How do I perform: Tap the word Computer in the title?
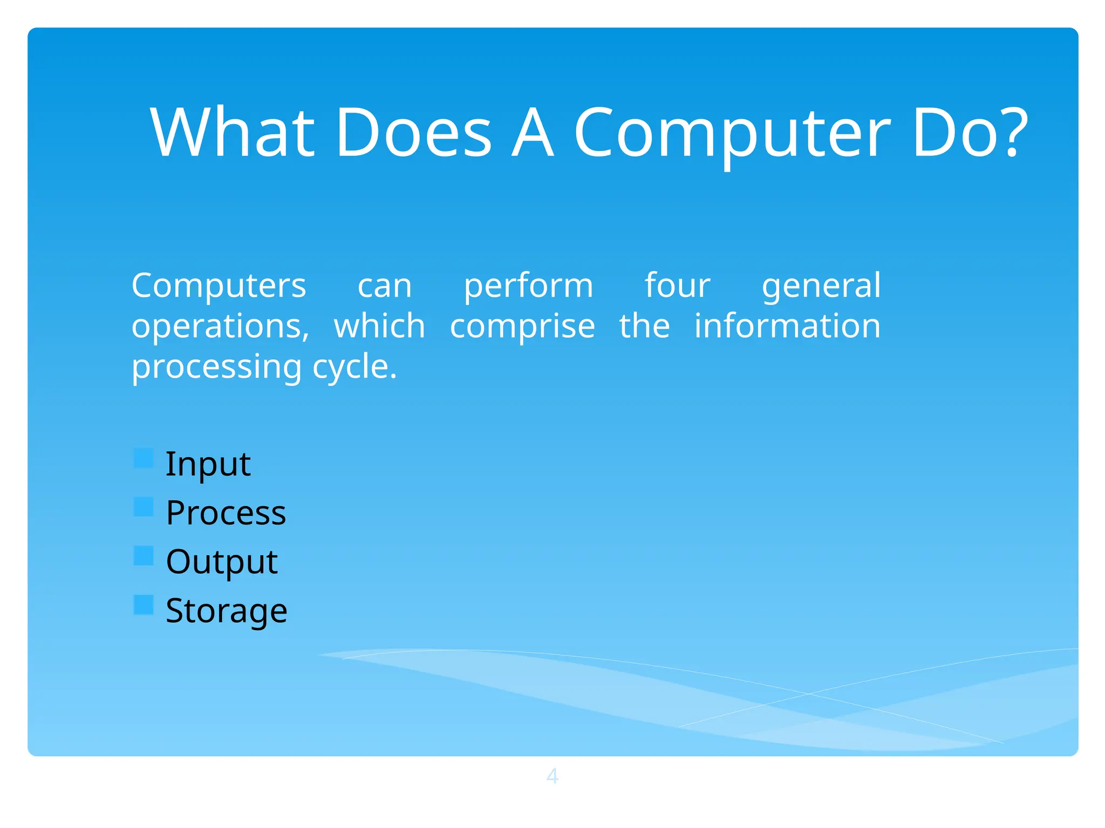pyautogui.click(x=731, y=133)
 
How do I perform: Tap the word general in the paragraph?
pyautogui.click(x=821, y=286)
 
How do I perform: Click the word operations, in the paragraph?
pyautogui.click(x=220, y=327)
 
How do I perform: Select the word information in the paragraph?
pyautogui.click(x=787, y=326)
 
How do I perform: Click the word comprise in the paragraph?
pyautogui.click(x=522, y=327)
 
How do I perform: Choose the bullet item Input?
pyautogui.click(x=208, y=464)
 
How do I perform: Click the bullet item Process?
pyautogui.click(x=226, y=513)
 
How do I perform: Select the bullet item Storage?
pyautogui.click(x=226, y=611)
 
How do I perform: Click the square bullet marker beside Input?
pyautogui.click(x=144, y=458)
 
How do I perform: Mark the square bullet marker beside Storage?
pyautogui.click(x=144, y=605)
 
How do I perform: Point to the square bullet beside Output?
pyautogui.click(x=144, y=556)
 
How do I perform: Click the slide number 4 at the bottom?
pyautogui.click(x=552, y=776)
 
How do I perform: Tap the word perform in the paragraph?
pyautogui.click(x=528, y=286)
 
